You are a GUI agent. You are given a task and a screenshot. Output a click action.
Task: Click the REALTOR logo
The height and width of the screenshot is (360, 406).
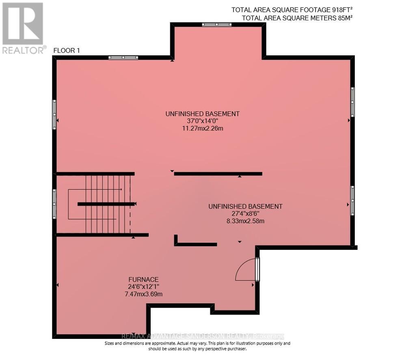point(23,28)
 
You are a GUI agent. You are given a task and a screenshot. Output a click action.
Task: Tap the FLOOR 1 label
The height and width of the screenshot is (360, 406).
point(67,50)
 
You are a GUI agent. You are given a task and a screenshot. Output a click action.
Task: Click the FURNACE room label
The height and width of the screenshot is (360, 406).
point(143,280)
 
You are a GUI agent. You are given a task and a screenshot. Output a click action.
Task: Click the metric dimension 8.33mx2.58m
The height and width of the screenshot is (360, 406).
point(245,221)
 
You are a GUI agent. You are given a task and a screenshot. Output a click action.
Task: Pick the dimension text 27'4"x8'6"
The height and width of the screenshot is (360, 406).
point(245,214)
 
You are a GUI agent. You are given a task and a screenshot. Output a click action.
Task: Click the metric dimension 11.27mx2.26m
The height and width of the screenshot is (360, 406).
point(202,128)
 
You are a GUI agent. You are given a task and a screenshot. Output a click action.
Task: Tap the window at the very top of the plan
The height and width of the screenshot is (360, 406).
point(216,25)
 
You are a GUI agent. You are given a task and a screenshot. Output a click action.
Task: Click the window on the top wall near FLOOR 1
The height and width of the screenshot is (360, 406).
point(123,58)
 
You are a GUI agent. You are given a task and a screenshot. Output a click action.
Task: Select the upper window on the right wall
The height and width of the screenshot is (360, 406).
point(352,102)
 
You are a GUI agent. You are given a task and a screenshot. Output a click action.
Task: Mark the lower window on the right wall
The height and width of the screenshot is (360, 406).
point(352,200)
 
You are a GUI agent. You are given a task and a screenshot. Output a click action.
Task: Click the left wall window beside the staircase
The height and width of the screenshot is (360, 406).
point(54,204)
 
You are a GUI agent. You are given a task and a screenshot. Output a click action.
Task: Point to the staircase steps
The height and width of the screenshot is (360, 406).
point(105,204)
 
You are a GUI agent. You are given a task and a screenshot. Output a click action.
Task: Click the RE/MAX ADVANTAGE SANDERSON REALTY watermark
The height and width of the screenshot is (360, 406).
point(203,336)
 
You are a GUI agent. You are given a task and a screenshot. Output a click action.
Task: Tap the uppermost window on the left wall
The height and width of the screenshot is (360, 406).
point(54,115)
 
